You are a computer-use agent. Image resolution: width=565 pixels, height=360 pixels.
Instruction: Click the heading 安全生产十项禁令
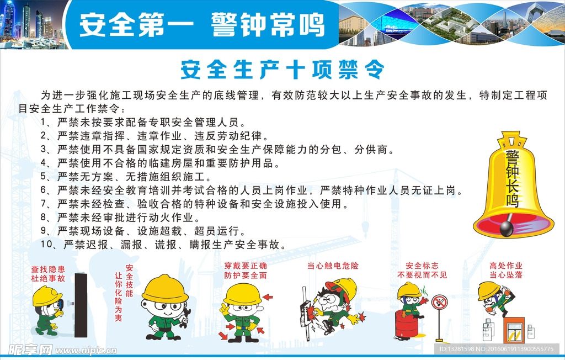point(282,70)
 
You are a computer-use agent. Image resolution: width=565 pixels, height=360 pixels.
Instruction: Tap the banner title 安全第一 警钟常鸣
point(201,24)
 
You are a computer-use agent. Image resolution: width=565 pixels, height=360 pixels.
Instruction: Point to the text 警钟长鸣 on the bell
point(513,177)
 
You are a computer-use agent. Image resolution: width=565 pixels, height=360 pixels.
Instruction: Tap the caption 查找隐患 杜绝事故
point(48,274)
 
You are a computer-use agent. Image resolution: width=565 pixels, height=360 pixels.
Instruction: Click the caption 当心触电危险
point(333,266)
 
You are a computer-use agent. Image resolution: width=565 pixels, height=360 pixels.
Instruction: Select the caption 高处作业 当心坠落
point(505,270)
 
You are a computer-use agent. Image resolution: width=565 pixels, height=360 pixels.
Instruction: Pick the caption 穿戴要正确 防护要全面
point(246,270)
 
